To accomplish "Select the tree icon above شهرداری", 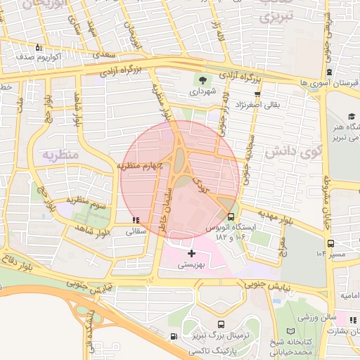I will coord(202,81).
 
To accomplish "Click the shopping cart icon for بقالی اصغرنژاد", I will coord(257,94).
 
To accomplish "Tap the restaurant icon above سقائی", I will coord(135,220).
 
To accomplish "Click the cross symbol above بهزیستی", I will coord(191,252).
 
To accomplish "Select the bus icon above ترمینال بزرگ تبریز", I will coord(221,325).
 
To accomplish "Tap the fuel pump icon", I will coord(173,336).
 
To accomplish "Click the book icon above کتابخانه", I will coord(291,331).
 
